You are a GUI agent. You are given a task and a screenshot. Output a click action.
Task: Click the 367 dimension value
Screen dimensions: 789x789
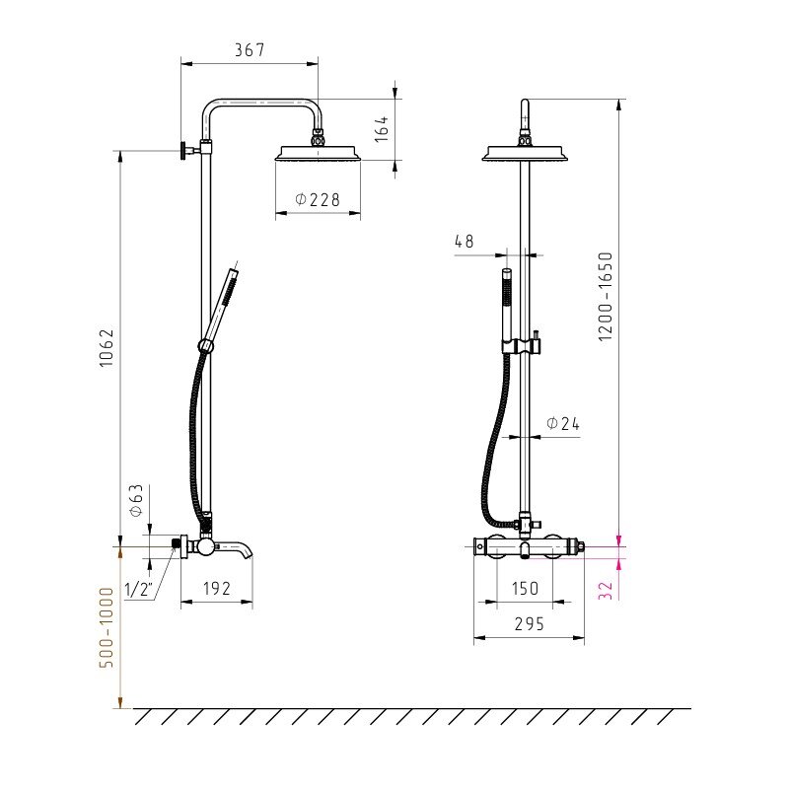(250, 50)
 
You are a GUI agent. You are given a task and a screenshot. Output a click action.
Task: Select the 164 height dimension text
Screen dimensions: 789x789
(382, 129)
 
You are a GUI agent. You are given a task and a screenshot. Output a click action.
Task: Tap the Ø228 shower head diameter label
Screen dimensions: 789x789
(318, 200)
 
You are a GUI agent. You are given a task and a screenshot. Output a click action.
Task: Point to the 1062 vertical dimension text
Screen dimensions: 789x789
(107, 348)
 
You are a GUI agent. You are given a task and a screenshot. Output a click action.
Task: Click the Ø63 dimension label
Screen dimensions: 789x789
(136, 501)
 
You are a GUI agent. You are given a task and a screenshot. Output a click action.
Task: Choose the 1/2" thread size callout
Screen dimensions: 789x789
(138, 589)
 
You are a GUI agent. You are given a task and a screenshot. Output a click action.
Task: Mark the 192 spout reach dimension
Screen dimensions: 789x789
(217, 588)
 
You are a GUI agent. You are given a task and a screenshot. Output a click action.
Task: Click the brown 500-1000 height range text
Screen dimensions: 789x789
(107, 627)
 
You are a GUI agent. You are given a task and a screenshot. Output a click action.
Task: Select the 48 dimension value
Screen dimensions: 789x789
(464, 242)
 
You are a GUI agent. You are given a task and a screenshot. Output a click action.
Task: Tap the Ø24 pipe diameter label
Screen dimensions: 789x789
(563, 424)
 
